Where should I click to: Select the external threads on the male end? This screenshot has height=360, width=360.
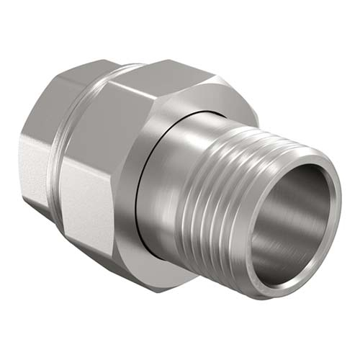(238, 194)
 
